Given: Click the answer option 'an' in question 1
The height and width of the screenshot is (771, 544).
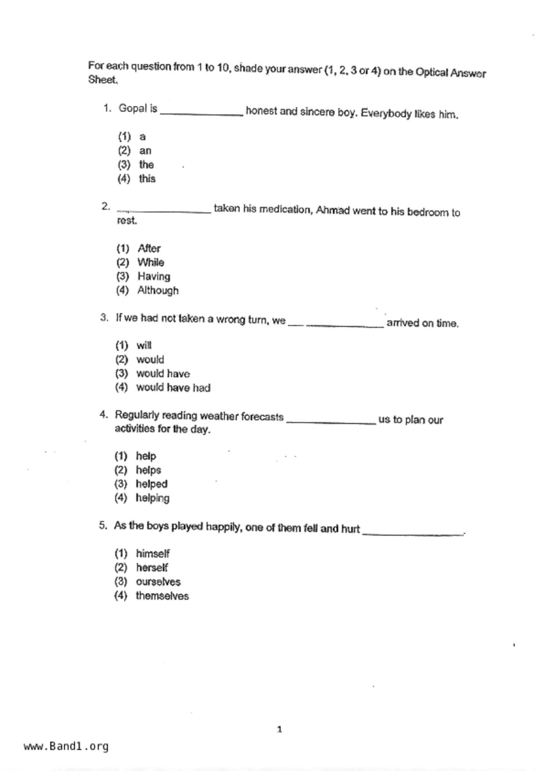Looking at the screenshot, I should pyautogui.click(x=145, y=151).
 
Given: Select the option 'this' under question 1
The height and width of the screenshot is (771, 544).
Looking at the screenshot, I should pyautogui.click(x=147, y=179).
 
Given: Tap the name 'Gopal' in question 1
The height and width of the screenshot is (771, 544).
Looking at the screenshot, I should pyautogui.click(x=133, y=108).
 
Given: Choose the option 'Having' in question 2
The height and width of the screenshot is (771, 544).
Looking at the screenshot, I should pyautogui.click(x=154, y=276).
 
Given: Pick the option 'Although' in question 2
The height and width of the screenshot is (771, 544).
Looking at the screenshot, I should pyautogui.click(x=158, y=291).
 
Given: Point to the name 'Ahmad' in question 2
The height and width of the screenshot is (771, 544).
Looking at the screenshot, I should pyautogui.click(x=332, y=211).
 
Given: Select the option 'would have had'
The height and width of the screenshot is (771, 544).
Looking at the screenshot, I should pyautogui.click(x=173, y=388).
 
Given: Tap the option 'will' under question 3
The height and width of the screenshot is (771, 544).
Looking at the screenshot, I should pyautogui.click(x=144, y=345).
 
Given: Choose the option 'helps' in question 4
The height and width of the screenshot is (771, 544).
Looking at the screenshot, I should pyautogui.click(x=148, y=470).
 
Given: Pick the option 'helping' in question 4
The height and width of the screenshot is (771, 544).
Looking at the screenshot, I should pyautogui.click(x=152, y=498).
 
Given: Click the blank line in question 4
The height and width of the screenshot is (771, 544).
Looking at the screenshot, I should pyautogui.click(x=331, y=422).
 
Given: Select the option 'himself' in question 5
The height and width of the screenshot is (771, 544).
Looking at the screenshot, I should pyautogui.click(x=152, y=554).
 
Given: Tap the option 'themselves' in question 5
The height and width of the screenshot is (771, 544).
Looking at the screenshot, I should pyautogui.click(x=162, y=596).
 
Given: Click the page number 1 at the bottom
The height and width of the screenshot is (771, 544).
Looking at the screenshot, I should pyautogui.click(x=279, y=730).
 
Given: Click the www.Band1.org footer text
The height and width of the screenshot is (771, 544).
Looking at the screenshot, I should pyautogui.click(x=66, y=746).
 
